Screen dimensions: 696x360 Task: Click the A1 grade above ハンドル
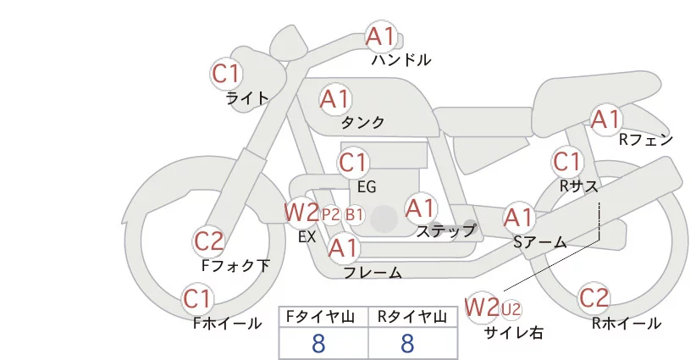pos(381,36)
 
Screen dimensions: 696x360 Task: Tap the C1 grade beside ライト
pos(226,73)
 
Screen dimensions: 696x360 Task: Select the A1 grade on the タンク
pos(334,99)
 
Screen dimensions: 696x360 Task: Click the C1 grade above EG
pos(353,162)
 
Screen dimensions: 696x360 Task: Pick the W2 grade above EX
pos(301,212)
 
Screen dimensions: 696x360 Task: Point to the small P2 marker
pos(331,214)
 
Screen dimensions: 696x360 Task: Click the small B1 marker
pos(354,214)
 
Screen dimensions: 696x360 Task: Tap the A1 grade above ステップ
pos(420,208)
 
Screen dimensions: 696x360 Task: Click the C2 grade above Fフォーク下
pos(209,242)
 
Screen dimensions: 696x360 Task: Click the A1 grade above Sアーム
pos(518,218)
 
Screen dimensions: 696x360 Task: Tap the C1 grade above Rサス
pos(566,161)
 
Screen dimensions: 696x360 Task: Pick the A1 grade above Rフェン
pos(605,119)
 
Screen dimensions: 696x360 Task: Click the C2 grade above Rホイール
pos(594,298)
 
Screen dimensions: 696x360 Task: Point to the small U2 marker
pos(511,307)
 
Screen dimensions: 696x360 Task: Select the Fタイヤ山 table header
pos(323,317)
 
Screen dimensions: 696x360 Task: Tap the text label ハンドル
pos(401,60)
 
